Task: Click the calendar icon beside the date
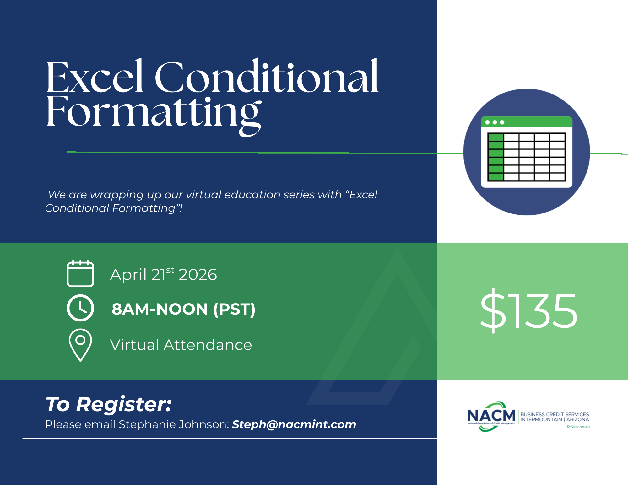pyautogui.click(x=80, y=273)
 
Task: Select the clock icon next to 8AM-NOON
pyautogui.click(x=80, y=308)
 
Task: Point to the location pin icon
pyautogui.click(x=80, y=345)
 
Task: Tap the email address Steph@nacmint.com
pyautogui.click(x=294, y=424)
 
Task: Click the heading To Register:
pyautogui.click(x=109, y=404)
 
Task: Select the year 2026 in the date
pyautogui.click(x=198, y=275)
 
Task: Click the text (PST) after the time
pyautogui.click(x=234, y=309)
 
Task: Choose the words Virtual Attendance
pyautogui.click(x=181, y=345)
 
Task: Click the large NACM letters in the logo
pyautogui.click(x=491, y=416)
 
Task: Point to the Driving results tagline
pyautogui.click(x=578, y=427)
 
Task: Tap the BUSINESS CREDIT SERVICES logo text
pyautogui.click(x=555, y=414)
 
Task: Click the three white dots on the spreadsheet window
pyautogui.click(x=495, y=122)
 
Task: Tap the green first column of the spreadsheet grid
pyautogui.click(x=496, y=157)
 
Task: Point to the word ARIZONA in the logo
pyautogui.click(x=577, y=419)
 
